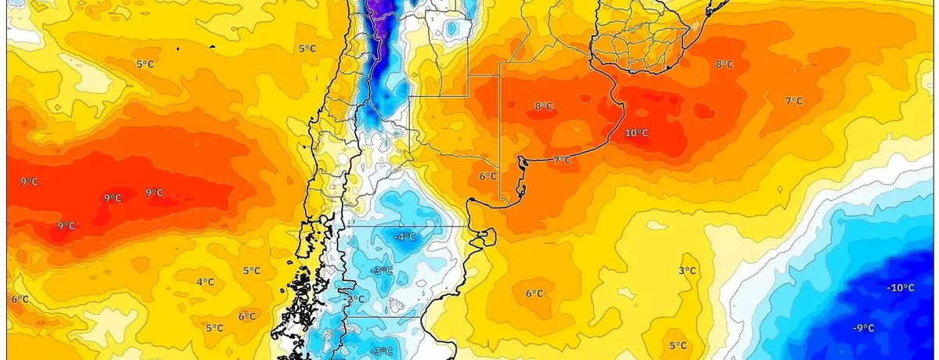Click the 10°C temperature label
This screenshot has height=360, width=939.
point(636,133)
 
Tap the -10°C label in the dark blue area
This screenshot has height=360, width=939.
point(901,288)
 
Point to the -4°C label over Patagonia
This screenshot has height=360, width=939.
point(405,236)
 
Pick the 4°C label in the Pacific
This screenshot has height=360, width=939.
point(205,282)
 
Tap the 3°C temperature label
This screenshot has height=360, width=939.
point(687,271)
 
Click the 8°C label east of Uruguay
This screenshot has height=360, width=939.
point(724,63)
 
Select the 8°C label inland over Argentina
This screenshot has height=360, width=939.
point(543,106)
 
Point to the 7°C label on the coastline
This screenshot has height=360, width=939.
point(562,160)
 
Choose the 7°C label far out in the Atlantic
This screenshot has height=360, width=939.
point(793,100)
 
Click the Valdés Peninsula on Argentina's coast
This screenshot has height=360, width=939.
point(485,236)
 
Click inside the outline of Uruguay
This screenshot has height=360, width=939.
point(642,43)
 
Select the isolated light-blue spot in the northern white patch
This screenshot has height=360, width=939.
point(449,29)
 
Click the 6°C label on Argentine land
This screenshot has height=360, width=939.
point(488,176)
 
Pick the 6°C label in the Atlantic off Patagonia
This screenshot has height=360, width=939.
point(534,293)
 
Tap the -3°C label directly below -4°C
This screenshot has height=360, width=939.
point(382,271)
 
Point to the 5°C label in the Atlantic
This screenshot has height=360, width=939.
point(678,345)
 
